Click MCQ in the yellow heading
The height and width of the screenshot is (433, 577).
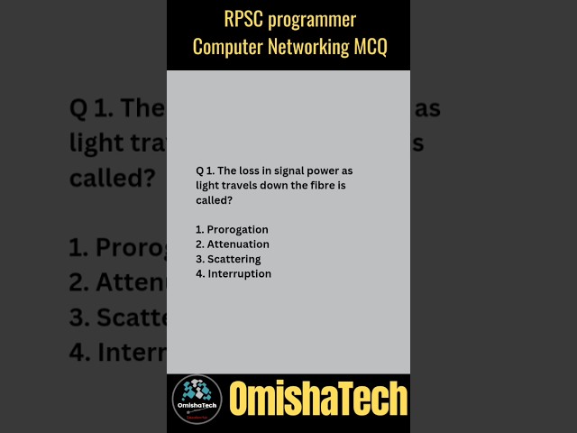[x=370, y=48]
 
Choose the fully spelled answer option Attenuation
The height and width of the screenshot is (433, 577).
[x=238, y=244]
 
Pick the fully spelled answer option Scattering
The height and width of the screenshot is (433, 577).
[x=234, y=259]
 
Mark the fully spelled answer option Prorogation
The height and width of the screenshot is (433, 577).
[x=238, y=230]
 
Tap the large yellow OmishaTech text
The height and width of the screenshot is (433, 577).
[x=318, y=399]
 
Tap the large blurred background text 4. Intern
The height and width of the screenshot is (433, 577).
[x=118, y=351]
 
